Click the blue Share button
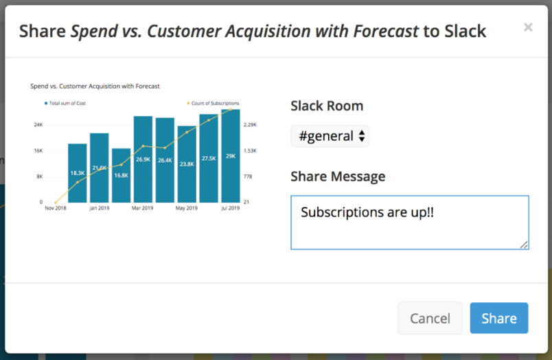[x=499, y=318]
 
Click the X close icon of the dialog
[x=528, y=27]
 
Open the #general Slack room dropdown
[x=330, y=136]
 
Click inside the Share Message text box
[x=410, y=223]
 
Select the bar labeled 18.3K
[x=78, y=173]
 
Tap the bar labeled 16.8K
[x=121, y=175]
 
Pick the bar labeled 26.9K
[x=143, y=159]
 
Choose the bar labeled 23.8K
[x=187, y=164]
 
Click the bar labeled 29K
[x=231, y=156]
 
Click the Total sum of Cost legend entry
[x=65, y=103]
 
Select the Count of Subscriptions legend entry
[x=213, y=103]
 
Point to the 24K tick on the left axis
[x=38, y=125]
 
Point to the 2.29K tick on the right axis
[x=250, y=125]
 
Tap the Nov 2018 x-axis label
[x=56, y=208]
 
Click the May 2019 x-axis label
[x=187, y=208]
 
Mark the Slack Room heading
[x=327, y=106]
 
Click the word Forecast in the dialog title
[x=386, y=31]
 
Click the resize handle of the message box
[x=524, y=245]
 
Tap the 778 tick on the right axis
[x=248, y=177]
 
